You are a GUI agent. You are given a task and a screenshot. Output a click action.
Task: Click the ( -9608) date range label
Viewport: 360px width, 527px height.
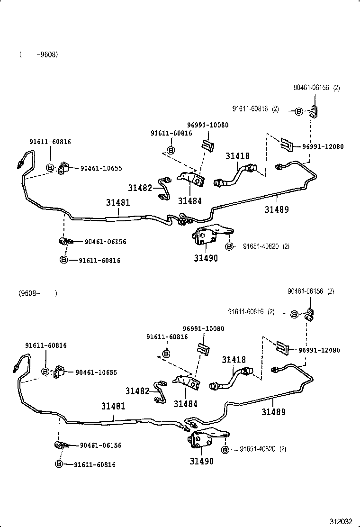coord(39,55)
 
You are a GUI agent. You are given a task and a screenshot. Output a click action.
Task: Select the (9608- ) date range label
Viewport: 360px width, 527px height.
coord(38,293)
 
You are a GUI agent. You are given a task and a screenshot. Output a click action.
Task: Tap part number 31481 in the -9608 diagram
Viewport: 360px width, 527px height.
coord(117,202)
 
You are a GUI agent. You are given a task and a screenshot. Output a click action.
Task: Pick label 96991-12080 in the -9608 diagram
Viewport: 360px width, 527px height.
coord(323,146)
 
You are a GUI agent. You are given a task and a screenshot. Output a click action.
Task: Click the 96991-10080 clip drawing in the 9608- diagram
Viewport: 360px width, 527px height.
coord(204,348)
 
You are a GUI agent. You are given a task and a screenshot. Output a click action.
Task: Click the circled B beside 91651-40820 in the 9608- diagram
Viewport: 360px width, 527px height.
coord(225,449)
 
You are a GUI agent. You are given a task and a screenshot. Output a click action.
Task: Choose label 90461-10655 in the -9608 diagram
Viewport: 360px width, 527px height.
coord(101,168)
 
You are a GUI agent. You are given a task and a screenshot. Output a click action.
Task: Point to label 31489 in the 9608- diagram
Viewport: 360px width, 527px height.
coord(274,412)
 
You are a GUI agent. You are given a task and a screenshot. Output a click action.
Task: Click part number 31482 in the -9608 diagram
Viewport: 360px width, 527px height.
coord(140,188)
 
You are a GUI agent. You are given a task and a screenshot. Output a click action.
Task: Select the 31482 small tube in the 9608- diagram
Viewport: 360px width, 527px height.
coord(160,391)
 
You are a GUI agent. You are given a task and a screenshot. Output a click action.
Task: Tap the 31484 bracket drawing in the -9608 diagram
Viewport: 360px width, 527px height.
coord(190,181)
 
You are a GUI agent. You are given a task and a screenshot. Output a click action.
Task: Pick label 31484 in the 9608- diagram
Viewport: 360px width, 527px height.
coord(185,404)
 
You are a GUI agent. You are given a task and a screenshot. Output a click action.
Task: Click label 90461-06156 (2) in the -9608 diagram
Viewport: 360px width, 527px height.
coord(316,88)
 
